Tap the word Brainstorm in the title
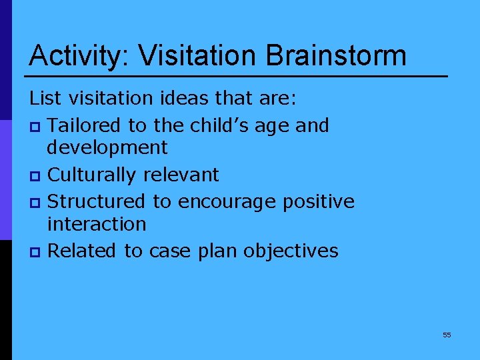[337, 55]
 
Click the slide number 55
[447, 335]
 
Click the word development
[108, 147]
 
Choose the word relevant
[181, 175]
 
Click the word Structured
[97, 201]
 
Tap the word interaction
[97, 224]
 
